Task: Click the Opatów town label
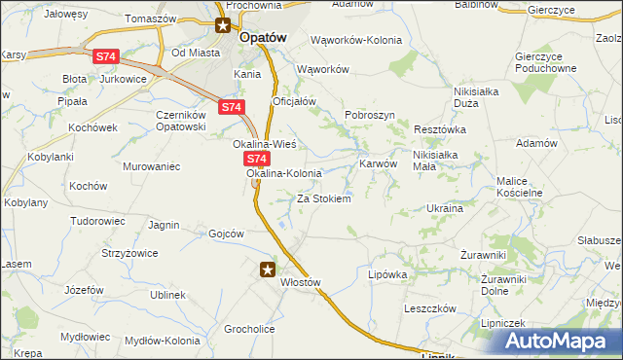point(263,35)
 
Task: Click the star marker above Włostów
point(269,270)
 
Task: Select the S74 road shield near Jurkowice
point(108,58)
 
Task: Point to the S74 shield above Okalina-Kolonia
point(255,158)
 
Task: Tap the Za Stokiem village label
point(323,198)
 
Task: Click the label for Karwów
point(379,163)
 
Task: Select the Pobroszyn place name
point(369,115)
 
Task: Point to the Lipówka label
point(386,274)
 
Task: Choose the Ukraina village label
point(444,208)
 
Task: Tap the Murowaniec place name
point(152,166)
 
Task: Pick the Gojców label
point(226,234)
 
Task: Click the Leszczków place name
point(430,308)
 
